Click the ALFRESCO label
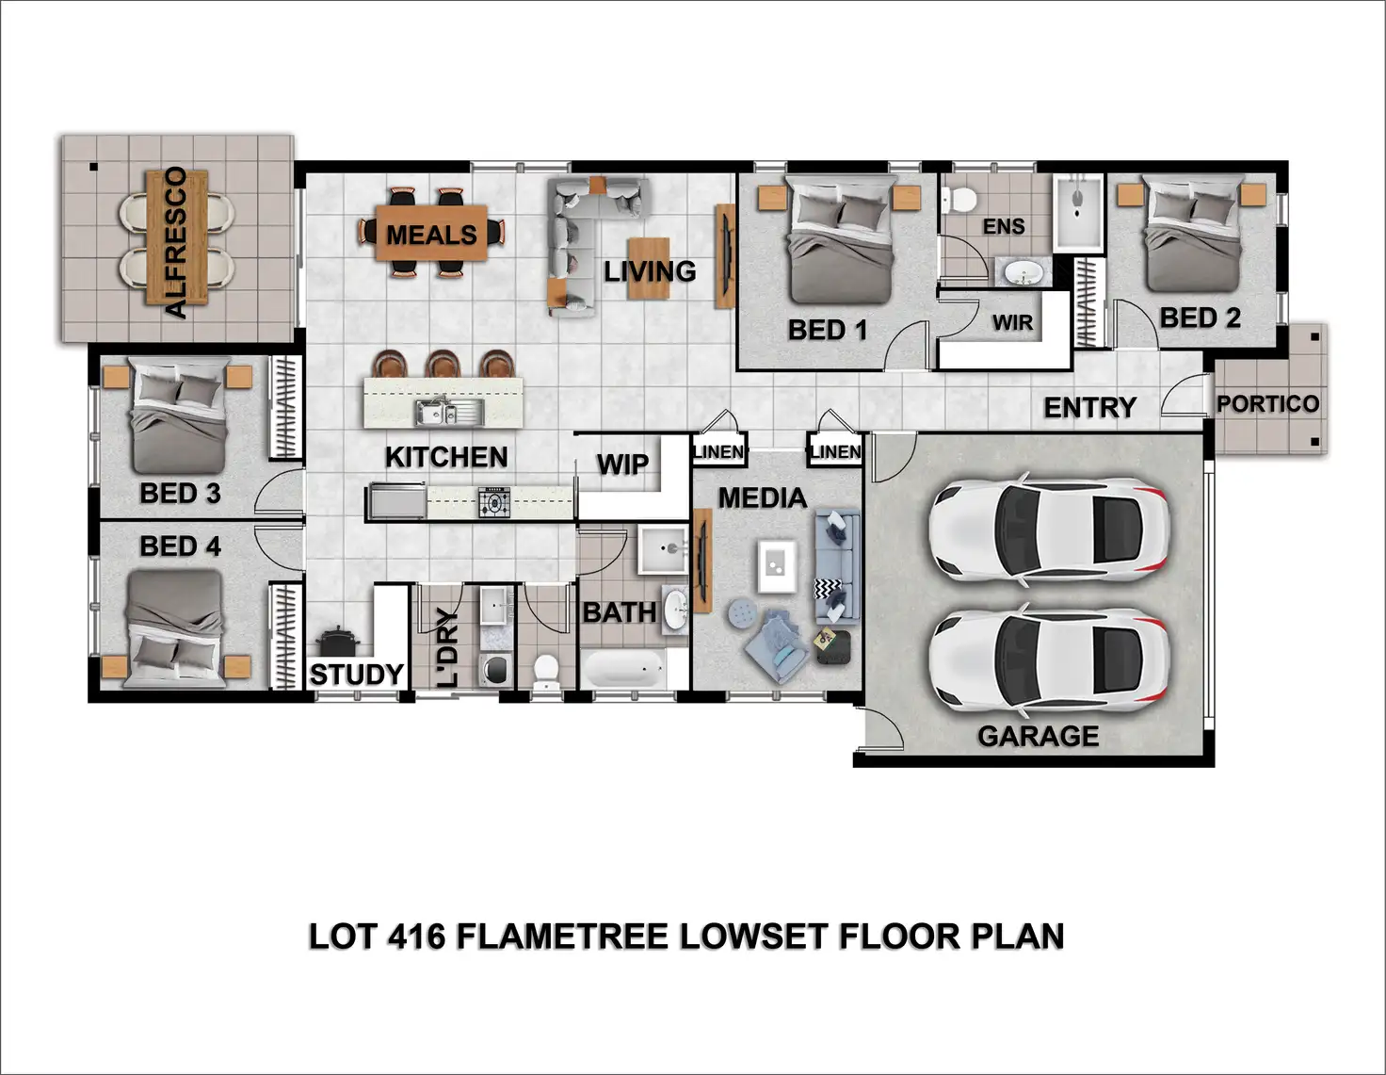pyautogui.click(x=176, y=242)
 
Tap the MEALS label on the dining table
pyautogui.click(x=431, y=235)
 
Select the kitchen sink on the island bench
pyautogui.click(x=450, y=412)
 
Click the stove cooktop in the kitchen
pyautogui.click(x=494, y=502)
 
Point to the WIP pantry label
pyautogui.click(x=622, y=464)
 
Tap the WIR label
pyautogui.click(x=1012, y=323)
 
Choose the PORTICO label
pyautogui.click(x=1267, y=404)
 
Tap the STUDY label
pyautogui.click(x=356, y=675)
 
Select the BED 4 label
pyautogui.click(x=180, y=546)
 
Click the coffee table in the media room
pyautogui.click(x=777, y=566)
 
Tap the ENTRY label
pyautogui.click(x=1089, y=408)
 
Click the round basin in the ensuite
pyautogui.click(x=1023, y=273)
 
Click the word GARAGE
pyautogui.click(x=1038, y=736)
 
